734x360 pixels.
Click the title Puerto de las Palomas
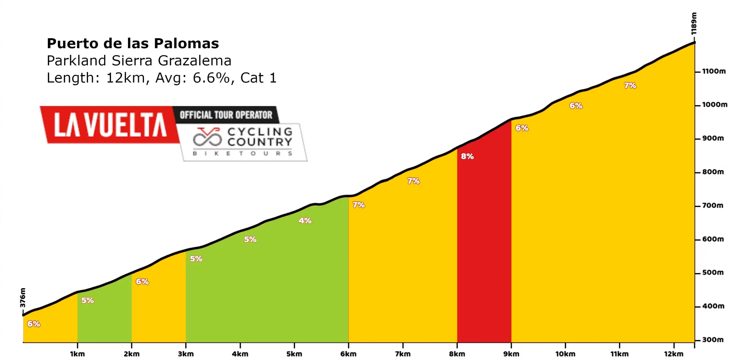pos(133,44)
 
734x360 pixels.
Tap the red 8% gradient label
pos(467,156)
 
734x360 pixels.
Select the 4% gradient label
pos(305,221)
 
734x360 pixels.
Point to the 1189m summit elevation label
pos(694,24)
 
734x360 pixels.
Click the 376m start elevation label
pos(23,297)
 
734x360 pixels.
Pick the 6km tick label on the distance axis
pos(348,354)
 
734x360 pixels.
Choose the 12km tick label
pos(674,354)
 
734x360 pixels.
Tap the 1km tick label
pos(77,354)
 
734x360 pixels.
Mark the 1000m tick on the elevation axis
pos(715,105)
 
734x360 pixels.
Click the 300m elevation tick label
pos(713,340)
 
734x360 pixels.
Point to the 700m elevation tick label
pos(713,206)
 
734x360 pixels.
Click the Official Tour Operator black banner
pos(226,115)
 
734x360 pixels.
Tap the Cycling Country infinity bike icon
pos(207,137)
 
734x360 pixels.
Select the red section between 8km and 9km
pos(484,244)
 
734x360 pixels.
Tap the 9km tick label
pos(511,354)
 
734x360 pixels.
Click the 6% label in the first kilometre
pos(34,324)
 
